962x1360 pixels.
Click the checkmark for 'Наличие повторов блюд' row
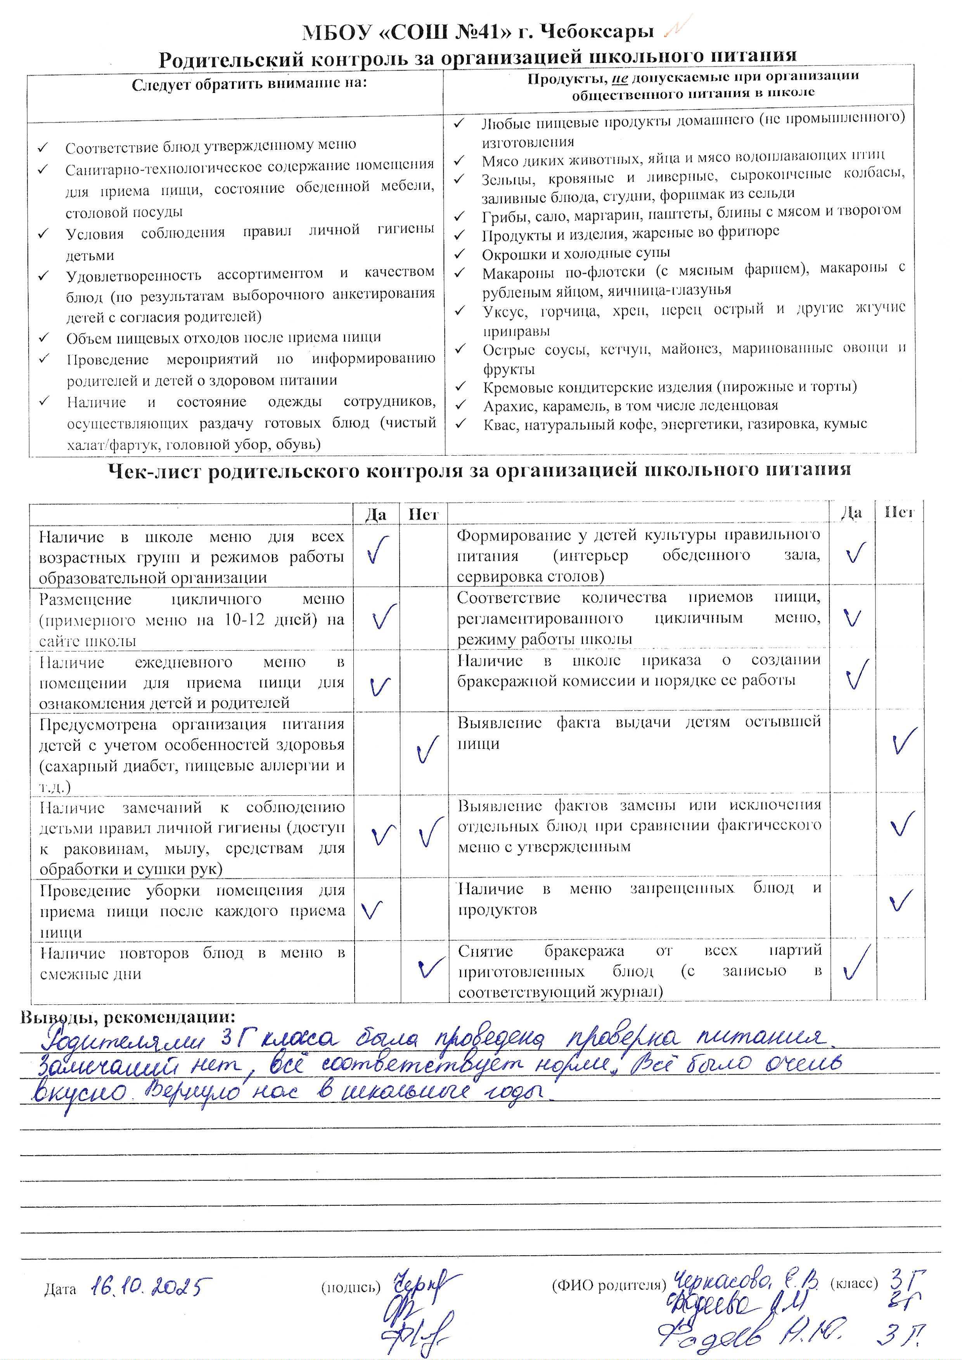click(429, 968)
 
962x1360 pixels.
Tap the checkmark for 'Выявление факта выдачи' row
click(905, 740)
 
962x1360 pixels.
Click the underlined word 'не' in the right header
click(619, 79)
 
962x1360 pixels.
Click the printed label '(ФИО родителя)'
click(609, 1285)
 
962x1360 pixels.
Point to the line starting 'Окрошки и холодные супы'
click(576, 254)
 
